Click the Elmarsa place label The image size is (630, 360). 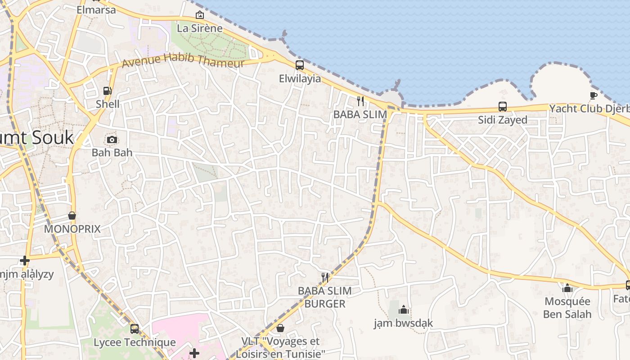coord(96,9)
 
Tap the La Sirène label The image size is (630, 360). coord(200,28)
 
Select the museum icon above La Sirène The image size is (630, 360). coord(200,15)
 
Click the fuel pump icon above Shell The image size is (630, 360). coord(108,91)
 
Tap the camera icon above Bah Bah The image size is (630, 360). coord(112,139)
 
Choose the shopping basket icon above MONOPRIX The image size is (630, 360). coord(72,216)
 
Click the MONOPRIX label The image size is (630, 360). coord(72,229)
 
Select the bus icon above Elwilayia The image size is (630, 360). coord(300,65)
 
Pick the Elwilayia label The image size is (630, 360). coord(300,79)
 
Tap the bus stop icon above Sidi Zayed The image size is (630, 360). coord(503,107)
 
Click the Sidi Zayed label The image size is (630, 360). coord(503,120)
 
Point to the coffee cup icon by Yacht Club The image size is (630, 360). coord(594,95)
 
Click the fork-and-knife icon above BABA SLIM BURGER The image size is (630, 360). coord(325,277)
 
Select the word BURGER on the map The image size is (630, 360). coord(325,304)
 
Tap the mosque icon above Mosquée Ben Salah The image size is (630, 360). coord(567,288)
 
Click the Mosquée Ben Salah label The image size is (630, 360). coord(567,308)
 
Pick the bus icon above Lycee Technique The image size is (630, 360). coord(135,329)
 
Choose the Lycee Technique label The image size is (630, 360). coord(135,342)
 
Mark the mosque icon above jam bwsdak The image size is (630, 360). coord(404,310)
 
